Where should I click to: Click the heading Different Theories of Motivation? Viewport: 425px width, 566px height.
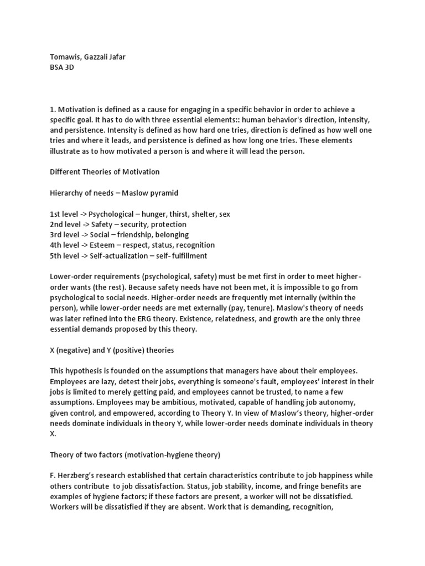[105, 171]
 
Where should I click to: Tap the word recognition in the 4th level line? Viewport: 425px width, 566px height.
[194, 245]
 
